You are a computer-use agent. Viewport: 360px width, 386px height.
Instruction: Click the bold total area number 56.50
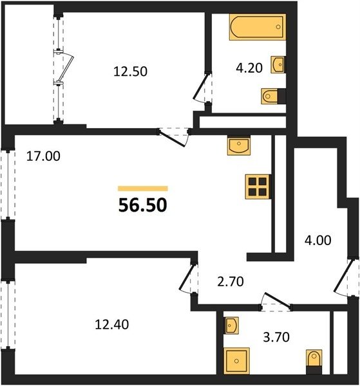click(143, 205)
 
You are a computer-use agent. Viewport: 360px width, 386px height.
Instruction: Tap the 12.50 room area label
click(130, 71)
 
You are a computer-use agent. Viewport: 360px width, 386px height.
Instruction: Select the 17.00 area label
click(43, 156)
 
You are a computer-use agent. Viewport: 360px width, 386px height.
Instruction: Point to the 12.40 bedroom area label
click(111, 324)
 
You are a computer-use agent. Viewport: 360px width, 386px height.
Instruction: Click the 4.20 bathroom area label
click(249, 68)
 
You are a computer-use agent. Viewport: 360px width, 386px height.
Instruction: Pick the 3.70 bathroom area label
click(276, 337)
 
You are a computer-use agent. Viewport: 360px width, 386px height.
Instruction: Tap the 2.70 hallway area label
click(231, 282)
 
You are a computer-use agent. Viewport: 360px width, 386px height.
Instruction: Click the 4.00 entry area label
click(318, 240)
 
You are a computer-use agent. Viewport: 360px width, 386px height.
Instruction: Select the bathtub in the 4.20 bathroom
click(258, 27)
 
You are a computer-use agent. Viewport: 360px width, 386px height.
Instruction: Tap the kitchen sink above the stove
click(238, 145)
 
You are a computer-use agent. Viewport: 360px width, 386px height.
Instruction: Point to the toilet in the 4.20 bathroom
click(274, 96)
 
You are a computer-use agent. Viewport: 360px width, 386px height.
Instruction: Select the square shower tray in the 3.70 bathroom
click(236, 361)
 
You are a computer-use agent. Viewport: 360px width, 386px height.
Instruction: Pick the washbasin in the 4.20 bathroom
click(278, 65)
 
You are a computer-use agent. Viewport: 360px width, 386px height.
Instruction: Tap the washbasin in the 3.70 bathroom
click(231, 326)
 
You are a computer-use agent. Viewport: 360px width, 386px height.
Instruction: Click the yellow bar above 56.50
click(143, 188)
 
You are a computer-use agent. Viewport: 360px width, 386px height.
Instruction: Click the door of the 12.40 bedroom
click(188, 278)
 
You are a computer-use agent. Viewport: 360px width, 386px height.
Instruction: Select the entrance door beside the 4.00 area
click(343, 277)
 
